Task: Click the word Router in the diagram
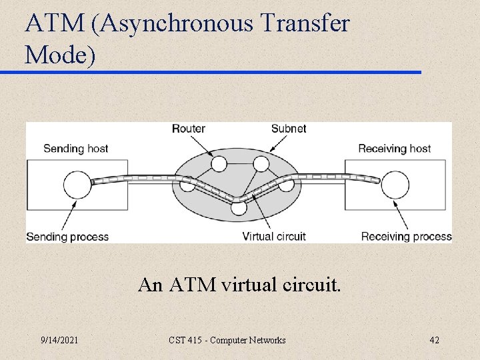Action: pos(189,128)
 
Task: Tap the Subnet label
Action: pos(289,128)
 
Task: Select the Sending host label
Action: pos(75,149)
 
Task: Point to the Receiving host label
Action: pos(395,149)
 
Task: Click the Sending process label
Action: pos(67,236)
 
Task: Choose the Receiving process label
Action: pos(406,236)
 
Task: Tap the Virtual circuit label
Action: pos(274,236)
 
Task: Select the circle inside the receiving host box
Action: pos(395,184)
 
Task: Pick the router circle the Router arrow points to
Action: pos(219,163)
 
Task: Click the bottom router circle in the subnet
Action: pos(239,207)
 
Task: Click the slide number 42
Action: pos(434,341)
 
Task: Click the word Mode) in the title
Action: pos(60,55)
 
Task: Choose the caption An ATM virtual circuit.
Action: pos(239,285)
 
